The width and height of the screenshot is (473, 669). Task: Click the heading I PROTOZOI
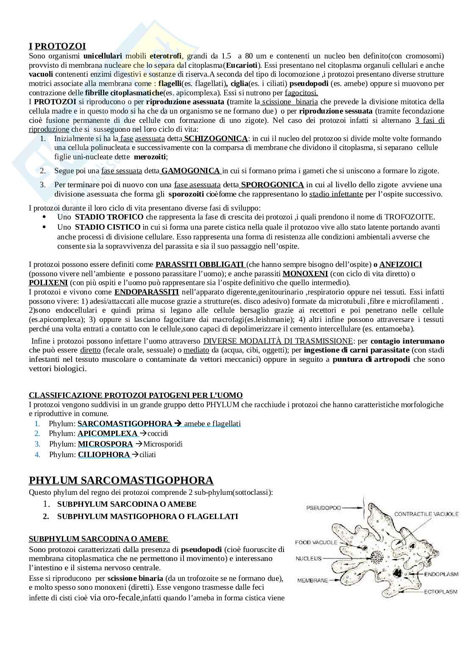(x=57, y=46)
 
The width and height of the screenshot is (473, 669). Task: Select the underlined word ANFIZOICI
(x=401, y=264)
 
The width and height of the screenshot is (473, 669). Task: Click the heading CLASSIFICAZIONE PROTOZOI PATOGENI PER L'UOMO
(x=136, y=395)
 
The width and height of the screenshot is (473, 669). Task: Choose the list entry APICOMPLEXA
(x=108, y=433)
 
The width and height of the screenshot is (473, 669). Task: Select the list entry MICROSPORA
(x=105, y=444)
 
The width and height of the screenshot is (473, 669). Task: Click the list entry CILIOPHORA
(x=104, y=455)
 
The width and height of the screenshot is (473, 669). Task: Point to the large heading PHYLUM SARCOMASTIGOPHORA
(x=121, y=480)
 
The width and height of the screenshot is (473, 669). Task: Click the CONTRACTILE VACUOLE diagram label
(x=426, y=514)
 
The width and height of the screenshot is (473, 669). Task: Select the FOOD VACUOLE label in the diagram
(x=316, y=542)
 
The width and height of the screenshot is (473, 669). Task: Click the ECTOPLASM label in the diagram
(x=441, y=591)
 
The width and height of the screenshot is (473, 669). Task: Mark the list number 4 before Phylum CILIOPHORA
(x=38, y=455)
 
